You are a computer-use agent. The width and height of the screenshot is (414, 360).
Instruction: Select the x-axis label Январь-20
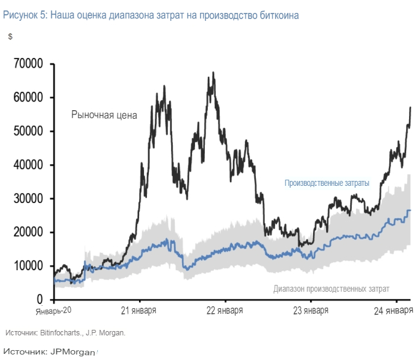click(54, 311)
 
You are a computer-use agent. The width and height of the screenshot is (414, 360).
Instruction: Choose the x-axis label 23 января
click(309, 311)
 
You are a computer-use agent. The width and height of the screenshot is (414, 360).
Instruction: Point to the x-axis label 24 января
click(394, 311)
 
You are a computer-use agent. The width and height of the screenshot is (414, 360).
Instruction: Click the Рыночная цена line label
click(103, 114)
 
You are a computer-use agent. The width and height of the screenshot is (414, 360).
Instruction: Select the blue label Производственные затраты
click(327, 183)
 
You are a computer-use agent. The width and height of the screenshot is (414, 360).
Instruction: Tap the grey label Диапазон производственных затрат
click(331, 288)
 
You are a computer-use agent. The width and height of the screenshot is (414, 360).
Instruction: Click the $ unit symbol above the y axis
click(10, 37)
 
